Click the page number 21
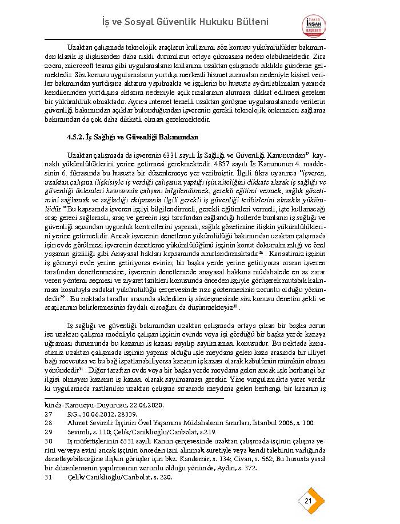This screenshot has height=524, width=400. pyautogui.click(x=308, y=501)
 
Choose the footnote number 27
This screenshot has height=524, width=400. pyautogui.click(x=48, y=414)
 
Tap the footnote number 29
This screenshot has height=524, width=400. pyautogui.click(x=48, y=432)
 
